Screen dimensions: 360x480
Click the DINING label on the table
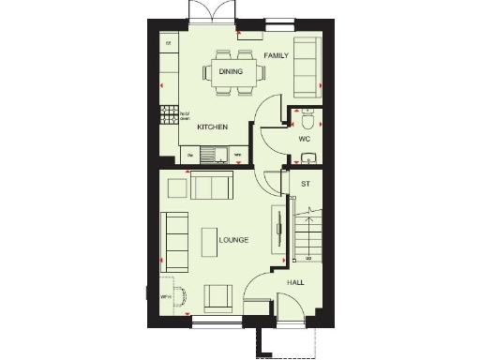(231, 71)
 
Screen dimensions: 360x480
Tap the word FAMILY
(275, 56)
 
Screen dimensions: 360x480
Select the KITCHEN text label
(213, 127)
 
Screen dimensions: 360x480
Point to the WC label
(305, 139)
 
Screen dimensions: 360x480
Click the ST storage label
(305, 184)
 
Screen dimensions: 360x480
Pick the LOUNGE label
(233, 241)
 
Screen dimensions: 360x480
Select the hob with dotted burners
(171, 114)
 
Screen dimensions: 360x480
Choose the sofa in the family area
(307, 67)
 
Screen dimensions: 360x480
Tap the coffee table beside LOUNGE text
(207, 240)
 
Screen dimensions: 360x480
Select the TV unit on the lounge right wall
(277, 229)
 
